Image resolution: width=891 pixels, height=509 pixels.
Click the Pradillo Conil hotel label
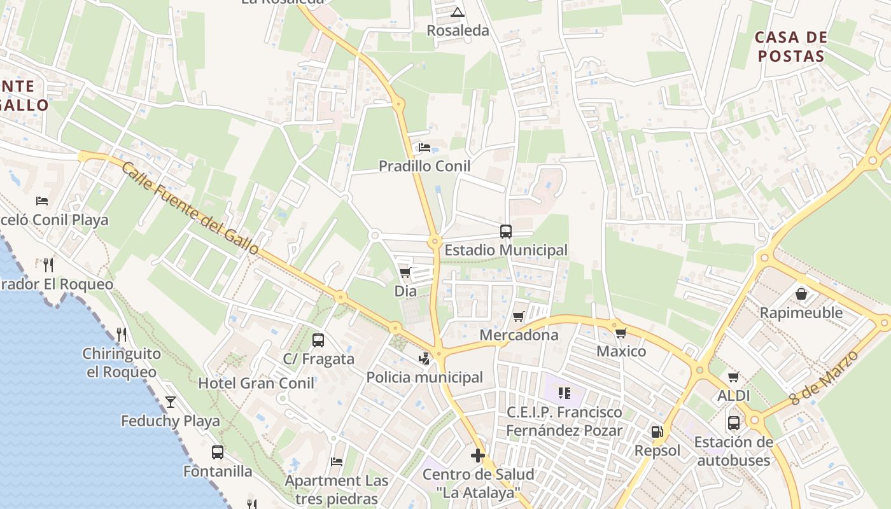click(x=424, y=166)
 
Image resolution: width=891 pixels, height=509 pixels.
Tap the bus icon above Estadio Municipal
click(x=506, y=232)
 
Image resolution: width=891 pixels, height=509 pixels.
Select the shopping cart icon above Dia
click(x=405, y=273)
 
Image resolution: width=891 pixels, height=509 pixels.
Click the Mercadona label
click(x=519, y=335)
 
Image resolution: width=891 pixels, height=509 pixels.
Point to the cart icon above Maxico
click(x=621, y=333)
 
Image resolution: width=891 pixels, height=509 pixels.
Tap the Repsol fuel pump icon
click(x=657, y=432)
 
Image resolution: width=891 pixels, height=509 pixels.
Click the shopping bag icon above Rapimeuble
click(x=801, y=294)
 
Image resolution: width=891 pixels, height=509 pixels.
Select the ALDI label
click(x=733, y=396)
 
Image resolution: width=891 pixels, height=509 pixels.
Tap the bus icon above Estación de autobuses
click(x=733, y=422)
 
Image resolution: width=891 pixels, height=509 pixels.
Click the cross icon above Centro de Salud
click(x=478, y=456)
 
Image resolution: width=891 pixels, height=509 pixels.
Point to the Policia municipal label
click(x=424, y=377)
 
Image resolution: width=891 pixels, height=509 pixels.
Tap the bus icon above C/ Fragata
click(x=318, y=340)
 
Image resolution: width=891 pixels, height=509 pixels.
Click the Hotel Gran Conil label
click(x=256, y=383)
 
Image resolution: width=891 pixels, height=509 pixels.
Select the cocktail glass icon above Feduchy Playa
click(x=171, y=401)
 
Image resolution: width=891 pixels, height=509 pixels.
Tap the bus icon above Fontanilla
click(x=218, y=452)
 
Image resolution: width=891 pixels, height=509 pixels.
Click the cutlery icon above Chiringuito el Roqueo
click(x=121, y=334)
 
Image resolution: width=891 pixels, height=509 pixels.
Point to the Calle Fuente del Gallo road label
click(x=190, y=207)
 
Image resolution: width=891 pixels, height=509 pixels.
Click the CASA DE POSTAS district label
click(x=790, y=46)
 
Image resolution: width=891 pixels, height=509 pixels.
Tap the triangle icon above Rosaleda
click(x=458, y=12)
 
